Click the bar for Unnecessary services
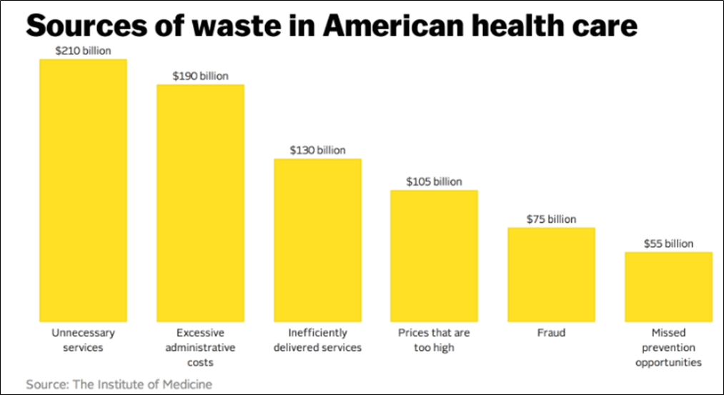click(83, 190)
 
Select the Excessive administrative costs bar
click(200, 203)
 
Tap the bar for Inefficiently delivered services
click(318, 240)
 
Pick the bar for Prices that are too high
click(434, 256)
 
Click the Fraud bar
click(551, 274)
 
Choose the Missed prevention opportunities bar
click(668, 286)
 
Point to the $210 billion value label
click(83, 51)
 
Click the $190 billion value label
click(200, 76)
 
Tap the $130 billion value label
click(318, 150)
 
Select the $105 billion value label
click(434, 181)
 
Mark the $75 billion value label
click(551, 219)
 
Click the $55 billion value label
click(668, 244)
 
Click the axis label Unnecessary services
click(83, 340)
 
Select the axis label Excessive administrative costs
click(200, 347)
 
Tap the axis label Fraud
click(551, 333)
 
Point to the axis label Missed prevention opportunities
click(668, 347)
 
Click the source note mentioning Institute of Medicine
click(119, 384)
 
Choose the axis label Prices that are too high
click(434, 340)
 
